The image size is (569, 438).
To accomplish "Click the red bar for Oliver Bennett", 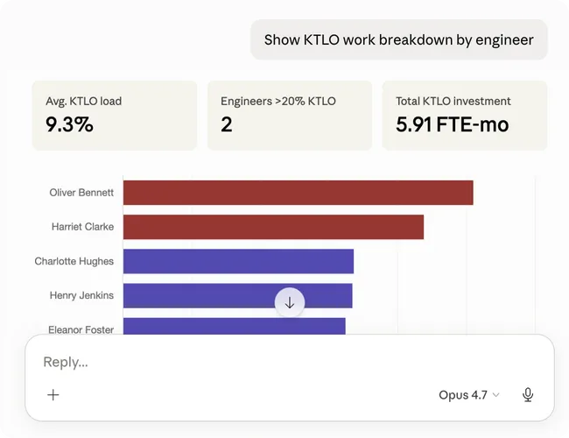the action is (299, 193).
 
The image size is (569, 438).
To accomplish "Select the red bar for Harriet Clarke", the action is (274, 227).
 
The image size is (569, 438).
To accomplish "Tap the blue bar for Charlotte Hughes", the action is (238, 261).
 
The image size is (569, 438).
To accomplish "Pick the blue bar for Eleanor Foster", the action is (235, 326).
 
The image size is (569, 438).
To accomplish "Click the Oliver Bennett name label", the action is (81, 193).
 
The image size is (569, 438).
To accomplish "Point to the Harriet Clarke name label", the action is (83, 227).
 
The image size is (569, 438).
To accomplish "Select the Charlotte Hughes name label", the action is (74, 261).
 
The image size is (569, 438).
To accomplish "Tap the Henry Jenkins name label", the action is (81, 295).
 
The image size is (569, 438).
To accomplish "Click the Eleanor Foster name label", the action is (81, 329).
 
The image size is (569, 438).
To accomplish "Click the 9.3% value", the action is (69, 124).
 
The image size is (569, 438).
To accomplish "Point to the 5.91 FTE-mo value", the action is (453, 124).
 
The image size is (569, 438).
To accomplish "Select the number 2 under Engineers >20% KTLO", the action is (227, 124).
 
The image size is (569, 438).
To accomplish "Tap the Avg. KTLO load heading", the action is (84, 101).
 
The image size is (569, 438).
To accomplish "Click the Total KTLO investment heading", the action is (453, 101).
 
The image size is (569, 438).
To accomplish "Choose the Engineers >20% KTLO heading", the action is (278, 101).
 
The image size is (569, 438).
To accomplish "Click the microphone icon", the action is (528, 395).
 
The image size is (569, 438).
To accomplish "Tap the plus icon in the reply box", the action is (53, 395).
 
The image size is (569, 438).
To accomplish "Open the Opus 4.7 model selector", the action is (469, 395).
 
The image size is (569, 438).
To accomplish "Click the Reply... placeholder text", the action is (66, 362).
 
